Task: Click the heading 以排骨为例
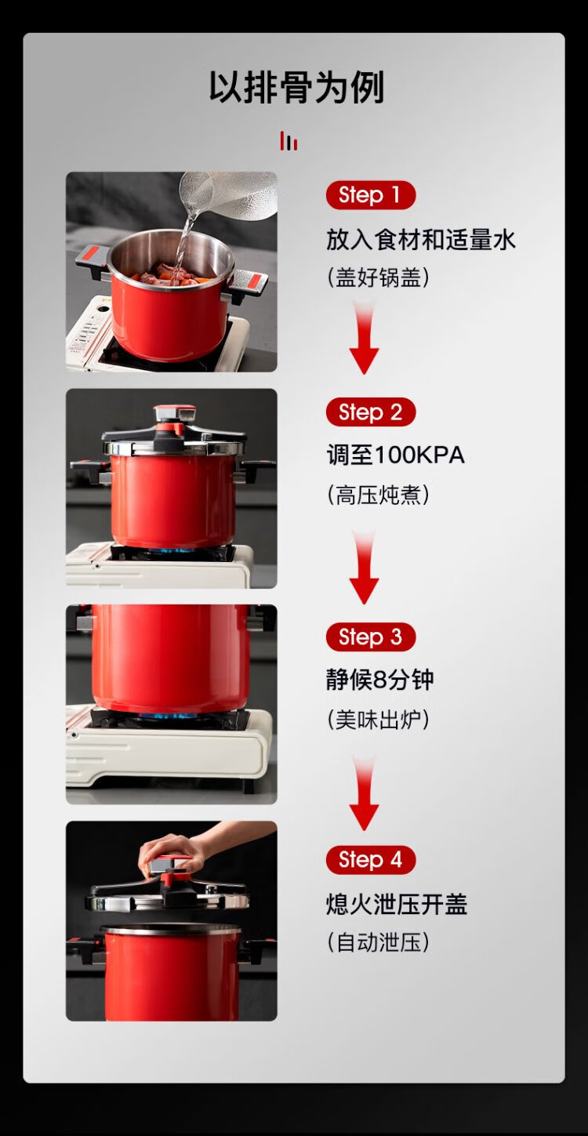296,88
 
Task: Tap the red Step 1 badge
370,195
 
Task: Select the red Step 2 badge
370,412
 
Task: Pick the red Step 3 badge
370,637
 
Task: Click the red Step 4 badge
370,860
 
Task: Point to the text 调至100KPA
395,455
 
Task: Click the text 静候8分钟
380,680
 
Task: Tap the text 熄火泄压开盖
396,904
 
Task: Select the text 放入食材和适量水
420,240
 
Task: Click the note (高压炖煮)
378,495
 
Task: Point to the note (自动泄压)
378,943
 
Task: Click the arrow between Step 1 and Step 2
364,338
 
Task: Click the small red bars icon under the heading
289,140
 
